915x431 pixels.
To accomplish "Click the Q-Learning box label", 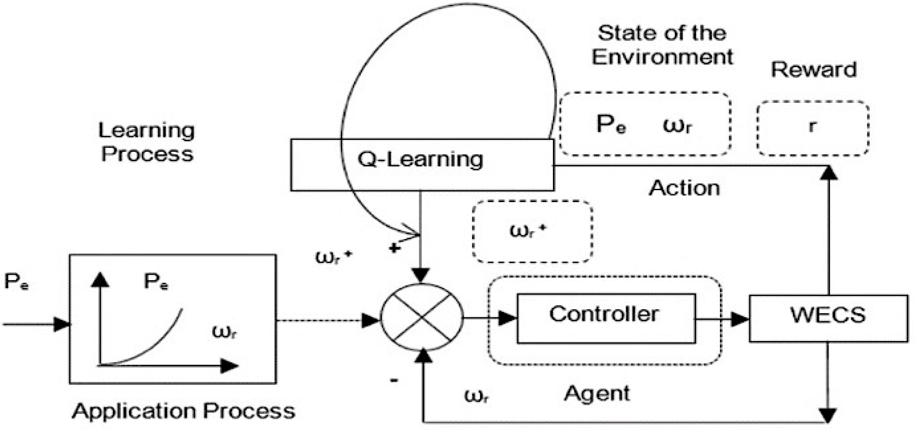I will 420,160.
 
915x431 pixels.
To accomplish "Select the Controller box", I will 606,318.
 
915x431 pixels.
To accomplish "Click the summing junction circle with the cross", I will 422,317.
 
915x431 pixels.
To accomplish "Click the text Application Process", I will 183,411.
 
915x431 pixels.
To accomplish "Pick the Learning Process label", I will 147,142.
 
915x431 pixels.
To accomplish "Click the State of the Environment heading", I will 662,45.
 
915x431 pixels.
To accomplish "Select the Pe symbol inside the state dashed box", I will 610,125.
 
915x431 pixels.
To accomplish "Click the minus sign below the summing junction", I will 394,380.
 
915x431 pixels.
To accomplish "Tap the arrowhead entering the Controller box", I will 507,318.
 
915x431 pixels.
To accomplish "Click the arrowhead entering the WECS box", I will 740,319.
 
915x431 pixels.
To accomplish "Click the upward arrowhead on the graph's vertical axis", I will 100,280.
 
